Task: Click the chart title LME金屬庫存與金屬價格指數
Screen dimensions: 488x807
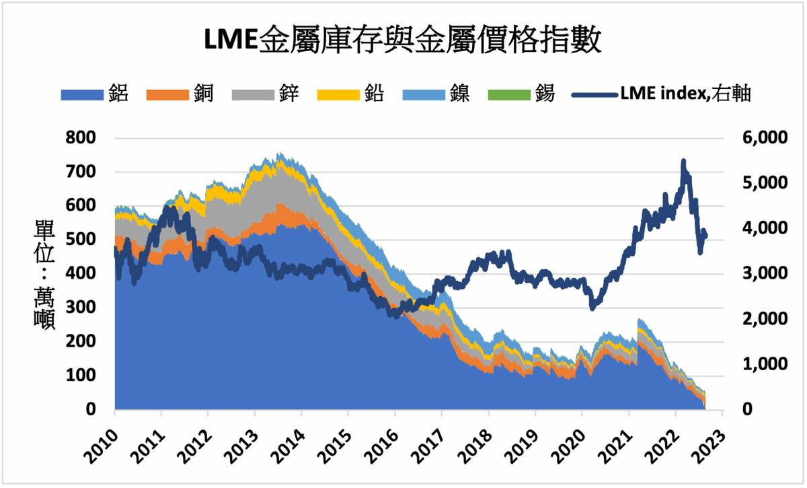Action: pos(403,40)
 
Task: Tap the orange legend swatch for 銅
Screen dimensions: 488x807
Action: pos(164,95)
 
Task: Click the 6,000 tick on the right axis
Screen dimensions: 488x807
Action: pos(757,137)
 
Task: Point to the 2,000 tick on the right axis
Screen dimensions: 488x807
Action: pos(757,318)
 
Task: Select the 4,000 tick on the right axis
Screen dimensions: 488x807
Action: pos(757,228)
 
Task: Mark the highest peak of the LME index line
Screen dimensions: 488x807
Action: pos(683,162)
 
